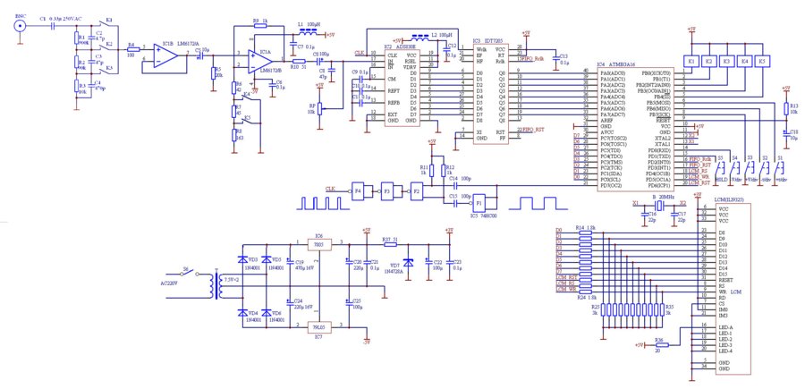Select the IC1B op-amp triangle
click(164, 55)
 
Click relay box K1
click(691, 61)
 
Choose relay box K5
click(761, 61)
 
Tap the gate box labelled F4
click(358, 190)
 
